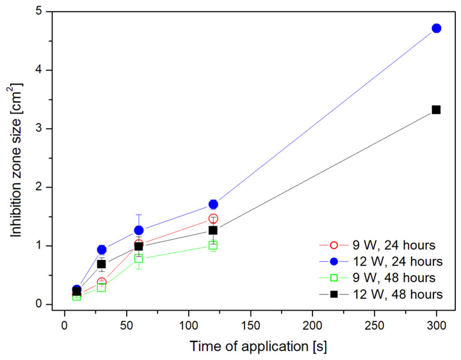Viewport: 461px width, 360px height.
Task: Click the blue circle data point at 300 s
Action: tap(436, 28)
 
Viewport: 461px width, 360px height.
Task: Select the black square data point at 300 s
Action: tap(436, 110)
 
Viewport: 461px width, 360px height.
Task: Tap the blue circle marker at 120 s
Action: tap(213, 204)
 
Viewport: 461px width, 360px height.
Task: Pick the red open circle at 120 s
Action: tap(213, 218)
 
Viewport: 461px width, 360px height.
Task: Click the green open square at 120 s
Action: tap(213, 246)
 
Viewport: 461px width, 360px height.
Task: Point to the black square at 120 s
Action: tap(213, 230)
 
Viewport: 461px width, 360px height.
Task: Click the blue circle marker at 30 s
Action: tap(102, 249)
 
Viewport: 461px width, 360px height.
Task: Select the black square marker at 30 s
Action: tap(101, 264)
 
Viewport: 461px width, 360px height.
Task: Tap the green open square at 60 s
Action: tap(139, 258)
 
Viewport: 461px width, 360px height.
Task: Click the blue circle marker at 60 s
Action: tap(139, 230)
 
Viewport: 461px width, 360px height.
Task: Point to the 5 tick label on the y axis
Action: tap(39, 11)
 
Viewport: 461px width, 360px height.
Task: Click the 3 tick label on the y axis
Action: tap(39, 128)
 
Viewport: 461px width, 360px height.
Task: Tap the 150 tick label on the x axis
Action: tap(251, 326)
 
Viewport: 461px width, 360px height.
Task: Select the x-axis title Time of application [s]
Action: tap(258, 347)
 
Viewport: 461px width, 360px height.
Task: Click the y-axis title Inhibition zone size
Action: tap(16, 161)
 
